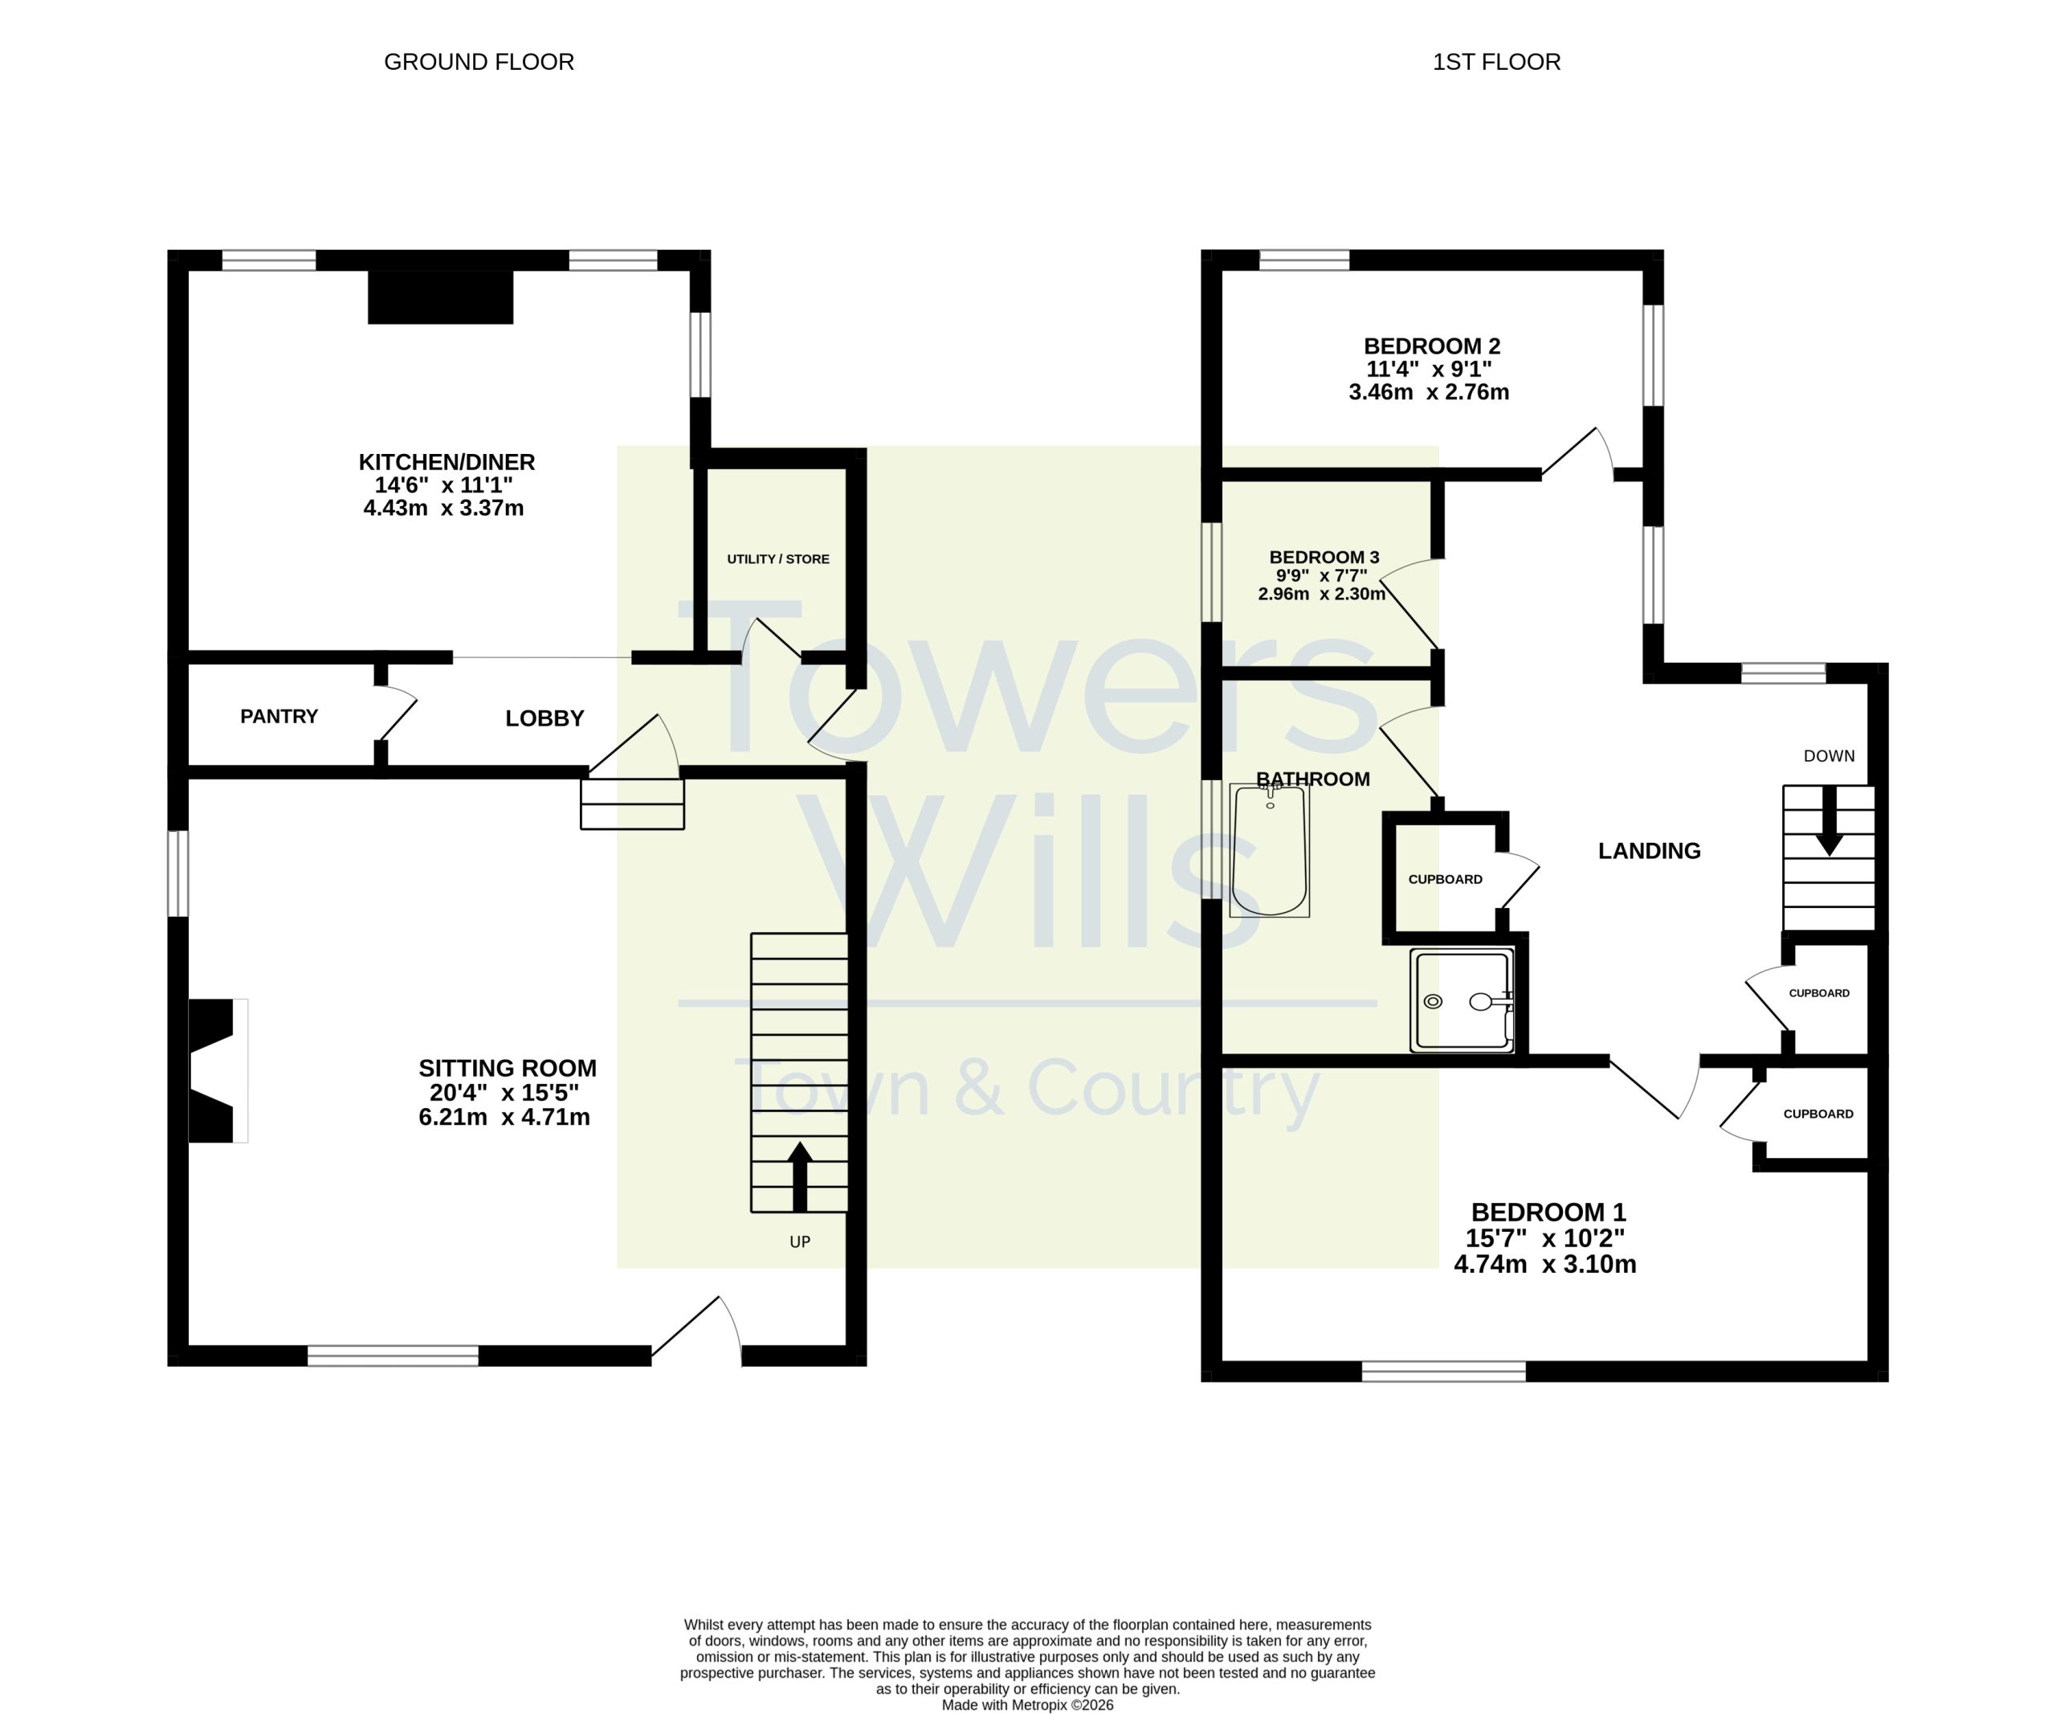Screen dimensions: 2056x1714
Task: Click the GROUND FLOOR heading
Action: [479, 62]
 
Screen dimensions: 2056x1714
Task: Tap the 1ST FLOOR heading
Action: [1496, 62]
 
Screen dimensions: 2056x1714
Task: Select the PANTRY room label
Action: [279, 716]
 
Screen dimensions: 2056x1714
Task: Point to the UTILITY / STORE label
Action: [778, 558]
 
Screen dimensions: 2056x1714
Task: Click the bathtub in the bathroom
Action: [1269, 850]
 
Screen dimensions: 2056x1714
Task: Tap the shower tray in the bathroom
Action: [1462, 1000]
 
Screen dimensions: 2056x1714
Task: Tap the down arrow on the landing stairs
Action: [1828, 820]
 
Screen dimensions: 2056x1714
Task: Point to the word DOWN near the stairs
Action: [1829, 755]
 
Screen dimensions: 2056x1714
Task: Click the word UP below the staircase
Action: [800, 1242]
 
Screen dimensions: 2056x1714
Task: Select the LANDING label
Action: [1649, 850]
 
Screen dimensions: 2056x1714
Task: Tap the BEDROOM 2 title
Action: [1431, 346]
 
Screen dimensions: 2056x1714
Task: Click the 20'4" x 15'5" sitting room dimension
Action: [504, 1092]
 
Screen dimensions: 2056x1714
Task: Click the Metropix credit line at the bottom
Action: [1028, 1705]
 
